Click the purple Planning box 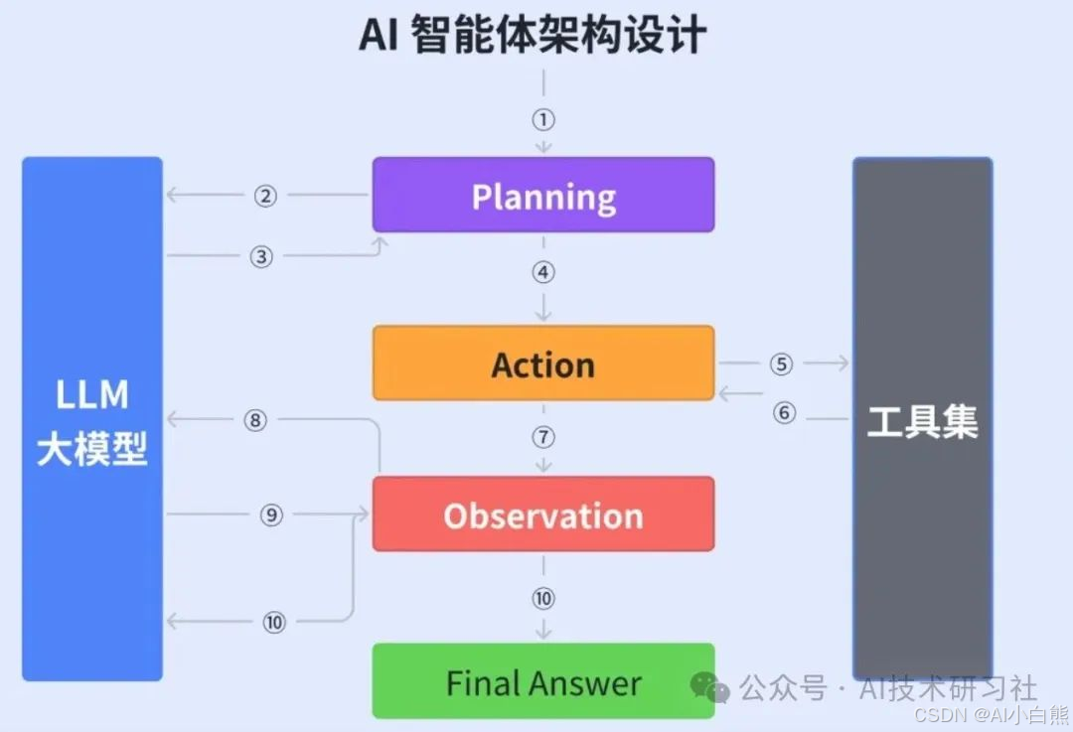542,195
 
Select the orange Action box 542,364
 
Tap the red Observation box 542,514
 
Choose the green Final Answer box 542,681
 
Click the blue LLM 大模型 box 92,419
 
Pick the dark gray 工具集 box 922,419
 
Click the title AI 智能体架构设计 534,36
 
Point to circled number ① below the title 542,120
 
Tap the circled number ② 264,196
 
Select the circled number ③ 261,256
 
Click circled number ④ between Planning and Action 542,272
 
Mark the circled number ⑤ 781,365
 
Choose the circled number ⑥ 785,412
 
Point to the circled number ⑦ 542,438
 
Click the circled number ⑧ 256,420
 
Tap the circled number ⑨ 272,514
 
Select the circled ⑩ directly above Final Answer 542,599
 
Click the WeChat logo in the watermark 710,686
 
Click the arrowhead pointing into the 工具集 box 843,365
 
